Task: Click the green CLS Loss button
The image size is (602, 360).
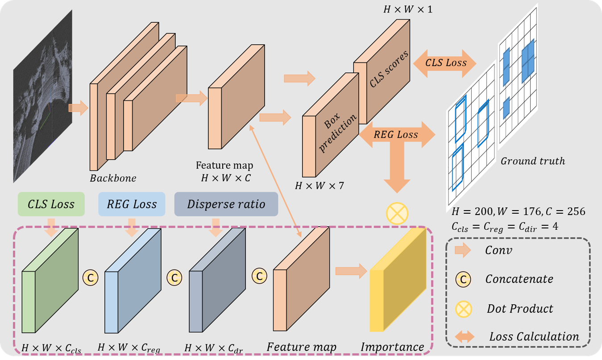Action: click(51, 205)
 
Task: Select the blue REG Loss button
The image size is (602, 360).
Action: click(132, 205)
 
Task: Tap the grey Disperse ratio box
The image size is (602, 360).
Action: click(226, 205)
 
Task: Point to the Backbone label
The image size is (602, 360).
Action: click(113, 178)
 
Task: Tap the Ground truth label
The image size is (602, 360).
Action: click(533, 161)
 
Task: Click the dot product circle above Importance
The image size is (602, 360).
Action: click(397, 213)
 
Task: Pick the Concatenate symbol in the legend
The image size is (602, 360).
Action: click(464, 279)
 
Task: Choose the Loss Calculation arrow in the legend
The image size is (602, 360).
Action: click(464, 337)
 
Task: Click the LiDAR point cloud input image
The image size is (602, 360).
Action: click(42, 96)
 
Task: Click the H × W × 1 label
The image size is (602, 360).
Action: click(408, 9)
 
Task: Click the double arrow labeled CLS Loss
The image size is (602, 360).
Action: click(445, 62)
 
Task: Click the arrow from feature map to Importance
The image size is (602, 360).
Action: click(350, 271)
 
